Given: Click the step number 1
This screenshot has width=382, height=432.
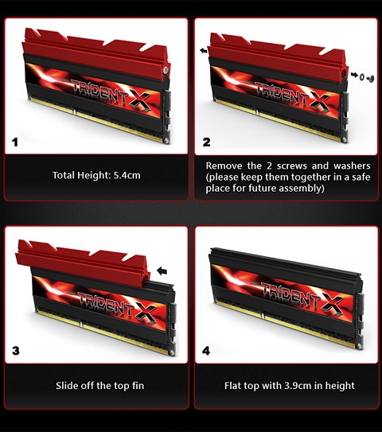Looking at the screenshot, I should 14,142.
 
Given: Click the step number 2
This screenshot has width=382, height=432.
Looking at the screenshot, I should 207,142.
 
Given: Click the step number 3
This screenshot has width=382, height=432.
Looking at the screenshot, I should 14,350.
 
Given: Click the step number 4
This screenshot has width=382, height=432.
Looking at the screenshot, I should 207,350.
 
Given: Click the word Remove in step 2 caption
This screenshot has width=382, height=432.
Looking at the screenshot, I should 223,165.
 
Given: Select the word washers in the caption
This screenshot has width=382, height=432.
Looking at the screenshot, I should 349,165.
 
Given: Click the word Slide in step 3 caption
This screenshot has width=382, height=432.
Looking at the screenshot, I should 67,386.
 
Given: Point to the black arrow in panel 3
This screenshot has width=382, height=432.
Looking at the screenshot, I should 163,270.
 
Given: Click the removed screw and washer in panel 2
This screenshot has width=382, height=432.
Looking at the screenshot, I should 363,77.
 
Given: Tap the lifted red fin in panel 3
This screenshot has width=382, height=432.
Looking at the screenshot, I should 80,256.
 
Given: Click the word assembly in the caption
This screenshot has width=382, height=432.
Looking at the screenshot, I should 304,189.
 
